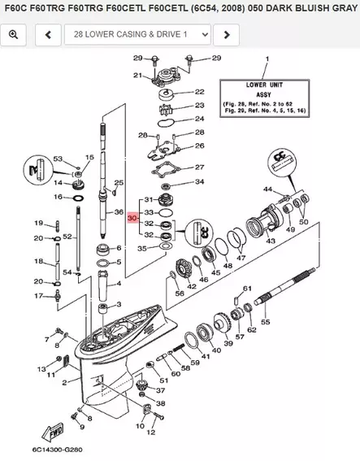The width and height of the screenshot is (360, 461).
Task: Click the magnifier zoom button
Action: (15, 35)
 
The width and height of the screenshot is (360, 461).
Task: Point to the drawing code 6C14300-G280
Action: (37, 449)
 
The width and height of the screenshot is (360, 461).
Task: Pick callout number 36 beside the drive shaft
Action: (119, 213)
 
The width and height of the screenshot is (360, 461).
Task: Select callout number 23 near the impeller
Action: (198, 107)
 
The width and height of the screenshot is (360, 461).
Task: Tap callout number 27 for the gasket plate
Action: (199, 167)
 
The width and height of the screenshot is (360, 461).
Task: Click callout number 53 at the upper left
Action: (58, 158)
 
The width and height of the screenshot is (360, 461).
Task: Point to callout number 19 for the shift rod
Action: (38, 223)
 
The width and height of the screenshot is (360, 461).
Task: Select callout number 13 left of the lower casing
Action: (41, 369)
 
